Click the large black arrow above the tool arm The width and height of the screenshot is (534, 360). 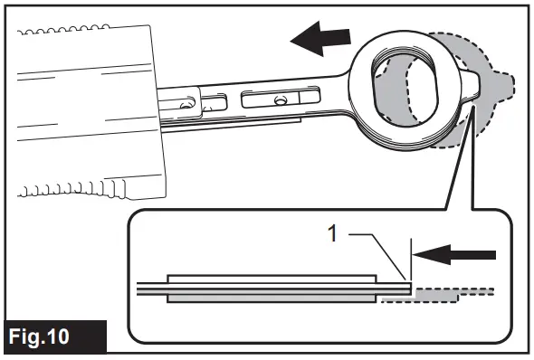320,39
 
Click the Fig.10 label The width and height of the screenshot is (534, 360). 54,336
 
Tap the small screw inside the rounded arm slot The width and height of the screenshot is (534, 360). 282,99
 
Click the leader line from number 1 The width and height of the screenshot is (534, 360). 380,258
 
